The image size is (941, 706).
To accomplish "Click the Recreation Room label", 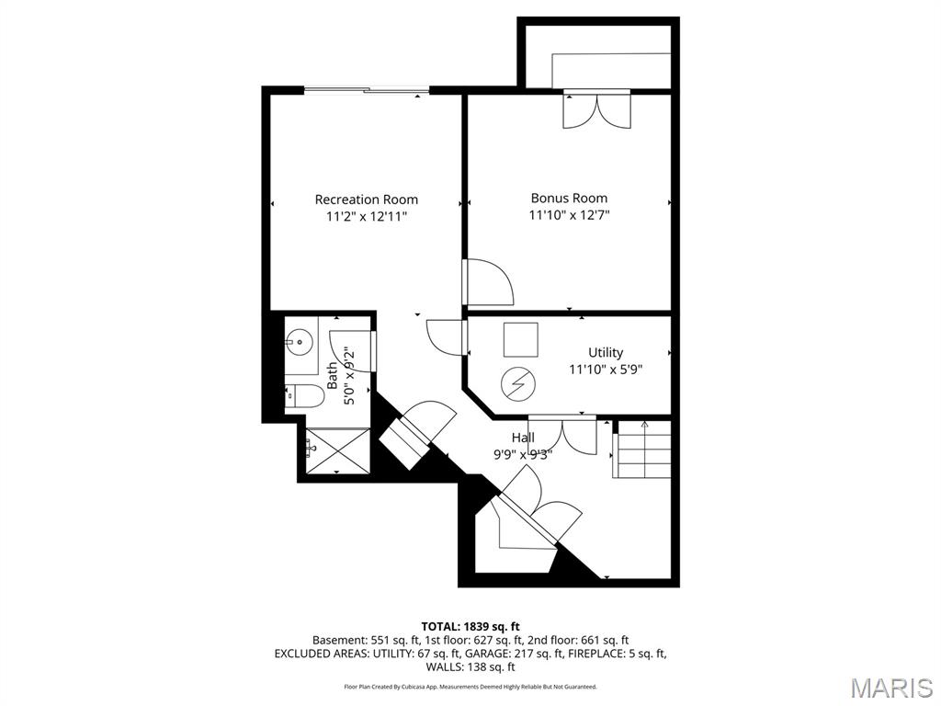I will tap(366, 199).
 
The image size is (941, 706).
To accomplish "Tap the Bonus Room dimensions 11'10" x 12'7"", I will tap(569, 216).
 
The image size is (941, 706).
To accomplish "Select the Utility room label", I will tap(606, 352).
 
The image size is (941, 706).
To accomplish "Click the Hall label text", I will tap(523, 438).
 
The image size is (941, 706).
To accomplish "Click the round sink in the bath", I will tap(298, 343).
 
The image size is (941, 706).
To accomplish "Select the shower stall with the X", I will tap(334, 450).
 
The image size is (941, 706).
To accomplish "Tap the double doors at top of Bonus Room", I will tap(596, 108).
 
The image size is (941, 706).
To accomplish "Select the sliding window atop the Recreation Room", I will tap(366, 90).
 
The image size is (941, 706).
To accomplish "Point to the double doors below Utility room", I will tap(562, 433).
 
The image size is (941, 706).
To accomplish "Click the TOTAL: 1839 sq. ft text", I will tap(470, 626).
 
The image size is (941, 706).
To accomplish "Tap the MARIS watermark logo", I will tap(890, 688).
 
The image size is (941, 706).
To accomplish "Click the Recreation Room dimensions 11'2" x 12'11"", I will tap(366, 217).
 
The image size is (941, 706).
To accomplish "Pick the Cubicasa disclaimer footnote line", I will tap(470, 687).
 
